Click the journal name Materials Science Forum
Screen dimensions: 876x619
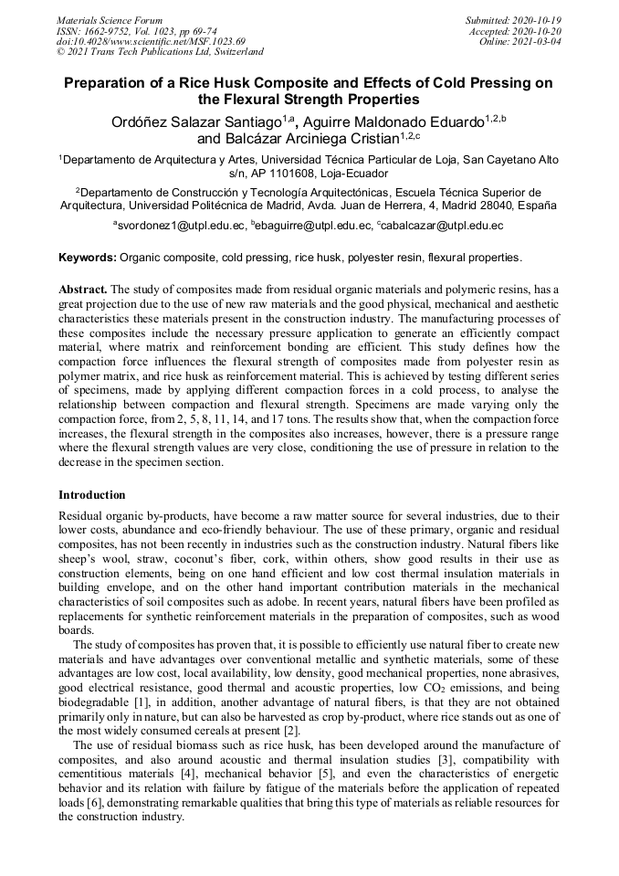pos(110,19)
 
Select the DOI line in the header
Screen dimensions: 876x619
pos(151,41)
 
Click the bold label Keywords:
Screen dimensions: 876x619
pos(88,258)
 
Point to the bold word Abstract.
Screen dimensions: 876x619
pos(83,290)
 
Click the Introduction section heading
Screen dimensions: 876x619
pos(92,495)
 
